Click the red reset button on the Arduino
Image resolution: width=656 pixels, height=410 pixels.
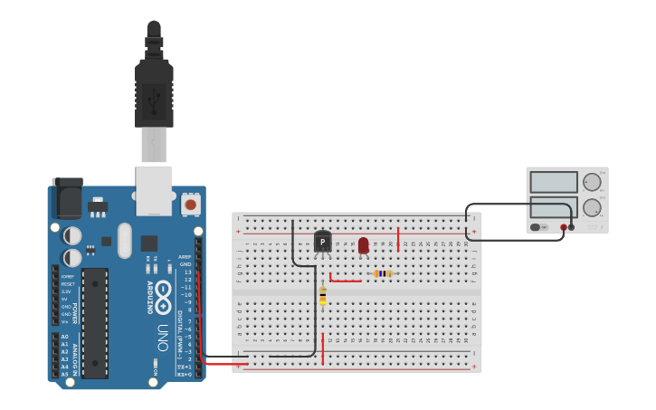coord(190,205)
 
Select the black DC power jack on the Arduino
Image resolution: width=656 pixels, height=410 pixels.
coord(67,198)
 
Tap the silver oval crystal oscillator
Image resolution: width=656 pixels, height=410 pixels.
coord(124,241)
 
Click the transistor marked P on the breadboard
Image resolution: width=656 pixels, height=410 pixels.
coord(323,243)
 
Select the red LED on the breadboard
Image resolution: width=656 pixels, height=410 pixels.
coord(363,245)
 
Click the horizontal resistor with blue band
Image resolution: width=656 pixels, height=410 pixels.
coord(384,273)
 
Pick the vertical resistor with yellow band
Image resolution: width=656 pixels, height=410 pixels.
coord(323,295)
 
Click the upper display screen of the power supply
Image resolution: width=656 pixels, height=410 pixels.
coord(554,182)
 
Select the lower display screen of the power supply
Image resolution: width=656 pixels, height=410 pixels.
coord(554,207)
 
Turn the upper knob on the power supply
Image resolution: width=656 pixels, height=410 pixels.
coord(592,182)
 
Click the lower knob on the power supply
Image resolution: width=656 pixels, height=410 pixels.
coord(592,207)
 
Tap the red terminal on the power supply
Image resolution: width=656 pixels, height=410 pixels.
coord(564,227)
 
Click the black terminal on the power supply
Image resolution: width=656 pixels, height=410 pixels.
coord(572,227)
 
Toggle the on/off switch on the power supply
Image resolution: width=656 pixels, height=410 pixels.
coord(537,227)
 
